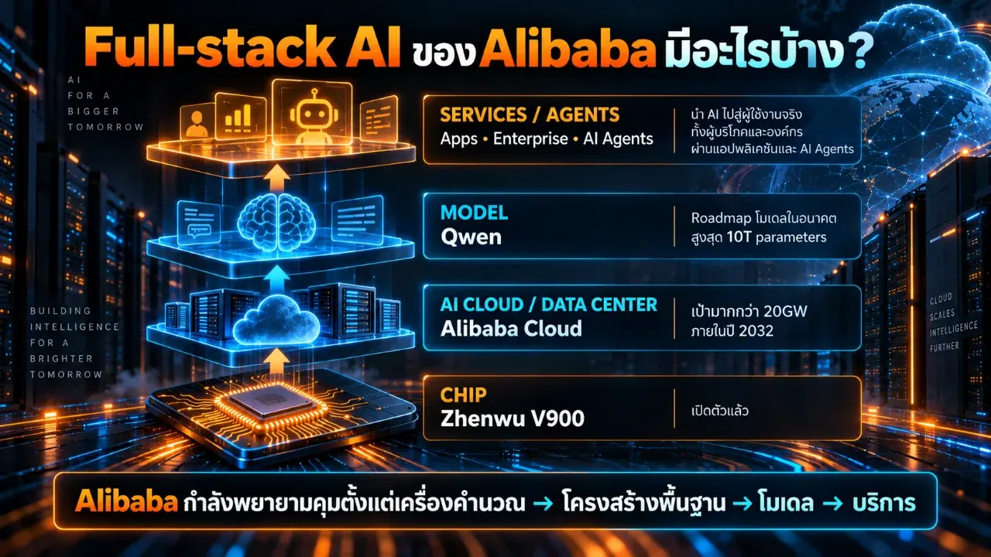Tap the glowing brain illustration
[x=277, y=222]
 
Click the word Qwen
[x=471, y=237]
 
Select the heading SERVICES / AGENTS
[x=530, y=115]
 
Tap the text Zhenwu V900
[x=513, y=419]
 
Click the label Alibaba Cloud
[x=511, y=329]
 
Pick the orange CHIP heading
[x=463, y=395]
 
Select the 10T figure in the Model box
[x=739, y=237]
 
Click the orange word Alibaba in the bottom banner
[x=126, y=502]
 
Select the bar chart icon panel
[x=240, y=116]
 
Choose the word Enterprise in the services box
[x=530, y=138]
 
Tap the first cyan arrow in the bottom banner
[x=544, y=504]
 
